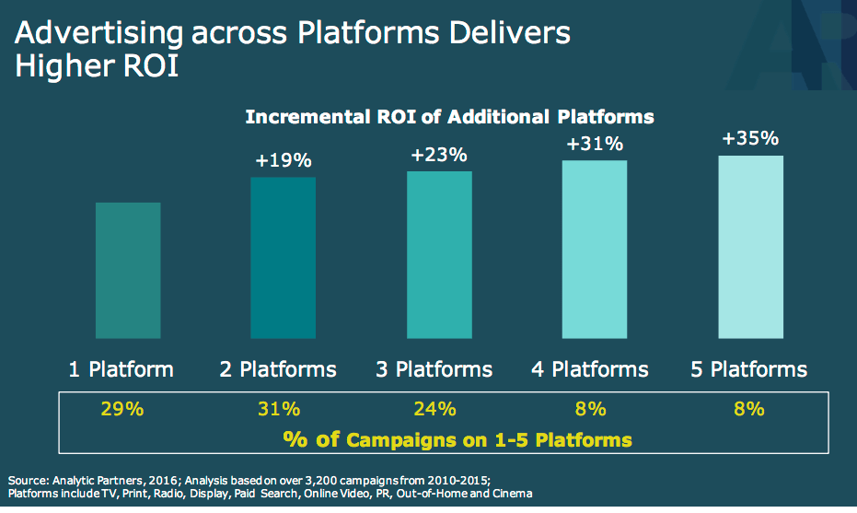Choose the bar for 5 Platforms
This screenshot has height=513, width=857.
(x=751, y=246)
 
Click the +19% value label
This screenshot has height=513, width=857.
(x=284, y=161)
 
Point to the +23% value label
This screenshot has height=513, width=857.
(x=439, y=155)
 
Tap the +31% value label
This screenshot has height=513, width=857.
(x=596, y=144)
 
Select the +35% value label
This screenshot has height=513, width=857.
(x=751, y=139)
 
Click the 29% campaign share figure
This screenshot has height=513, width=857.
(x=122, y=409)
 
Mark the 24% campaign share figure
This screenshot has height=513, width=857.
(x=434, y=409)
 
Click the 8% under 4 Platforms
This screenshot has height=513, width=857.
(x=590, y=409)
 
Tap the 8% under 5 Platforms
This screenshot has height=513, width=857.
(x=749, y=409)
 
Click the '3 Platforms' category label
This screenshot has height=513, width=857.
(x=434, y=370)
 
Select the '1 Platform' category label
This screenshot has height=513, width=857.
(x=122, y=370)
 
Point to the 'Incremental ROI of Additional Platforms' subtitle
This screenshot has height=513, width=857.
(x=449, y=118)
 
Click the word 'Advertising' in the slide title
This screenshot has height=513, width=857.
(x=88, y=34)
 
